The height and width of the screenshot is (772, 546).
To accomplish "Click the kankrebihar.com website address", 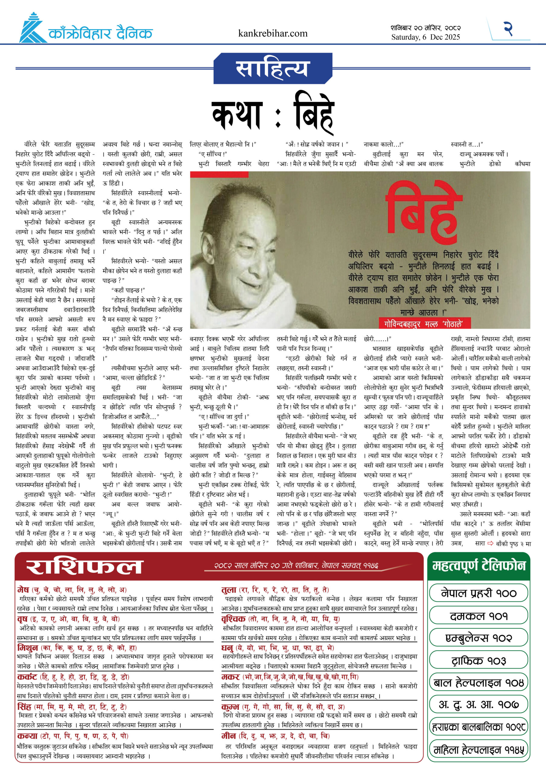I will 272,33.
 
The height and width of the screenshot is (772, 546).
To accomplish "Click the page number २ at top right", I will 508,29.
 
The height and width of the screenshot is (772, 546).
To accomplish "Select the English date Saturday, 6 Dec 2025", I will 425,37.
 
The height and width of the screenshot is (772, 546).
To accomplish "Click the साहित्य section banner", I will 272,68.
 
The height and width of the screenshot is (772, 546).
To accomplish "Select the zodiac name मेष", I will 23,590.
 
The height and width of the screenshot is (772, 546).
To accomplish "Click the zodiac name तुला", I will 229,590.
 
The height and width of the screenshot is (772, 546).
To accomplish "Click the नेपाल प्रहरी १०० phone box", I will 478,593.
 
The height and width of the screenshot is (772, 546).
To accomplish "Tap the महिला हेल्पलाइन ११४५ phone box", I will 478,749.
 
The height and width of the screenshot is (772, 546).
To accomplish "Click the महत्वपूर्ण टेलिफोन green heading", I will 479,566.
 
